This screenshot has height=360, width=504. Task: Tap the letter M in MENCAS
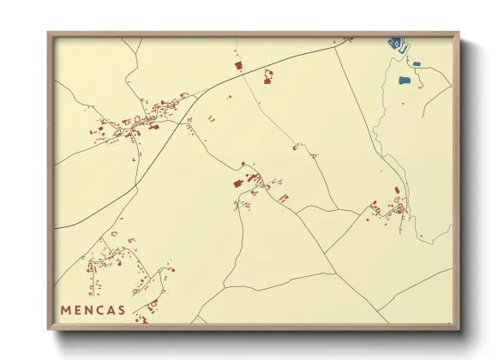pyautogui.click(x=65, y=309)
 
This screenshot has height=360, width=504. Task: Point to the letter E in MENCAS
pyautogui.click(x=77, y=309)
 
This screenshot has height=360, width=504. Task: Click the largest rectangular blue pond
pyautogui.click(x=405, y=81)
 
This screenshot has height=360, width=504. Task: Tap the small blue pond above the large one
pyautogui.click(x=417, y=63)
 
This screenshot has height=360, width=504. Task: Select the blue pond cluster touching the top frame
pyautogui.click(x=397, y=43)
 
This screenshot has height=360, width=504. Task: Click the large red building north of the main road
pyautogui.click(x=237, y=63)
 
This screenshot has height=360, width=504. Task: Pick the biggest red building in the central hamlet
pyautogui.click(x=237, y=183)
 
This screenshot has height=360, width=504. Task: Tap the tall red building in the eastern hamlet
pyautogui.click(x=397, y=190)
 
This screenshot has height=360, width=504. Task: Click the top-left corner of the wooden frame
pyautogui.click(x=49, y=33)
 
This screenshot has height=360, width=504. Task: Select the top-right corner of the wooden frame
pyautogui.click(x=459, y=33)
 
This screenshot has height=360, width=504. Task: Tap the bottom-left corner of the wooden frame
pyautogui.click(x=49, y=329)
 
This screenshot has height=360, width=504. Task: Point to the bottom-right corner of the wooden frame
pyautogui.click(x=459, y=329)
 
